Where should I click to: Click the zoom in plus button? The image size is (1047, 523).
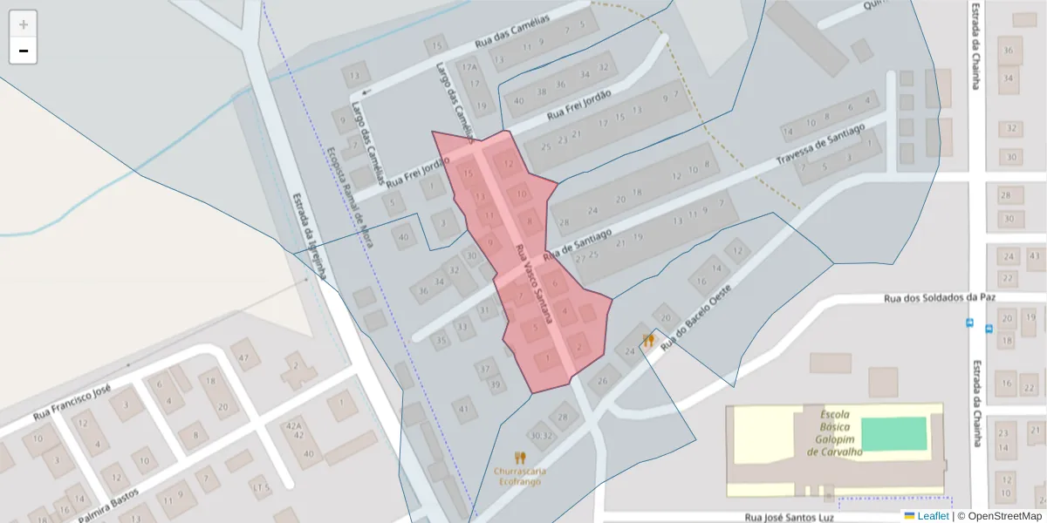pyautogui.click(x=24, y=24)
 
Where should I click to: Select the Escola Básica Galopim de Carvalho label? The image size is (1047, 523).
pyautogui.click(x=834, y=433)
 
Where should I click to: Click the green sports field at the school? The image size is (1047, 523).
pyautogui.click(x=893, y=433)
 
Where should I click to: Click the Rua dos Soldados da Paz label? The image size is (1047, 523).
pyautogui.click(x=940, y=297)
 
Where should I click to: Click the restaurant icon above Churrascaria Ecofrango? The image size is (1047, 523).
pyautogui.click(x=520, y=458)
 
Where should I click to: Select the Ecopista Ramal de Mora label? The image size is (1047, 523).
pyautogui.click(x=349, y=196)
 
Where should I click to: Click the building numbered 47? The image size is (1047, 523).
pyautogui.click(x=245, y=357)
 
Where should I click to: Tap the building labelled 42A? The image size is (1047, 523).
pyautogui.click(x=293, y=425)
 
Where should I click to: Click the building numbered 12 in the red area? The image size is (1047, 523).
pyautogui.click(x=506, y=163)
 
